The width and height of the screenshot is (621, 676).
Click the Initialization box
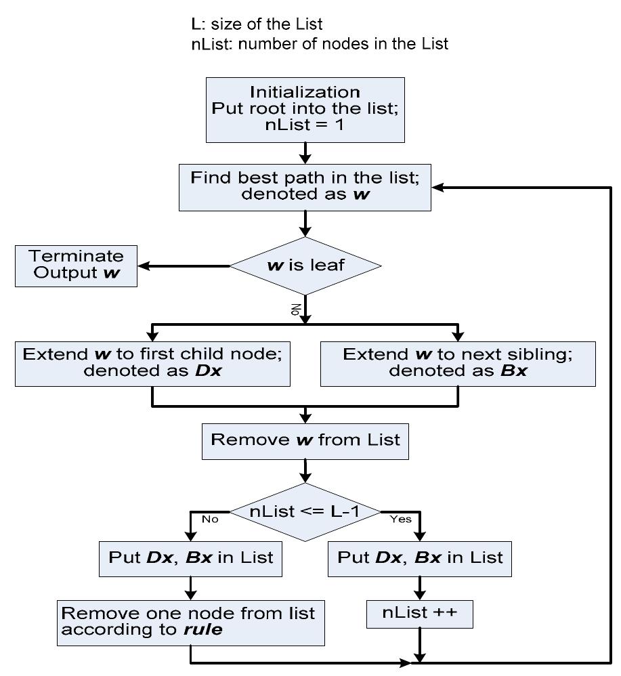305,110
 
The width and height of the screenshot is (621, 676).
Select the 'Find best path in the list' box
305,187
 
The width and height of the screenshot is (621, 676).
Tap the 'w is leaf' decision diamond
305,266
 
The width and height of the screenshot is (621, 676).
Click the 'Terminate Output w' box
76,266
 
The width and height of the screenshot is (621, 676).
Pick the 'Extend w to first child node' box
152,363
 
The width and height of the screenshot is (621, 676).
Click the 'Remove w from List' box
305,440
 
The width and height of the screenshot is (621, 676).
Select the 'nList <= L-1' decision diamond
305,512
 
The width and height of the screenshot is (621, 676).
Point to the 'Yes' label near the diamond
400,520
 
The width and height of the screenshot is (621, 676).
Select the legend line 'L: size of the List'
257,24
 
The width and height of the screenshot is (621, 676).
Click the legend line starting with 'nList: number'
319,44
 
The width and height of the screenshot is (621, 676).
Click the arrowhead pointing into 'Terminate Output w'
143,266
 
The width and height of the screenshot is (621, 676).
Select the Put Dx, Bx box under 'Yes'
420,557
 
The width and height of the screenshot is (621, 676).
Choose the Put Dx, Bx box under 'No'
191,557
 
